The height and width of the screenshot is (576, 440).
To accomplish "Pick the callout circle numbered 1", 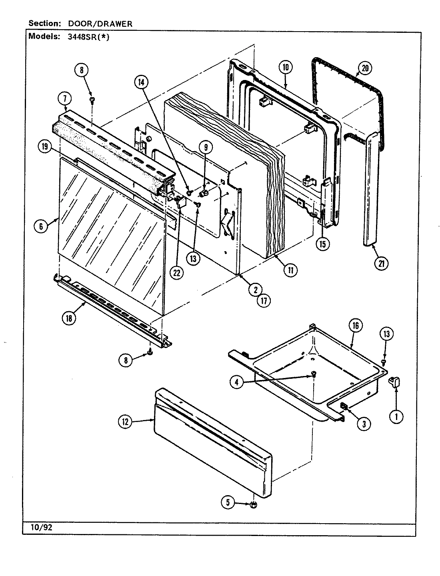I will click(396, 417).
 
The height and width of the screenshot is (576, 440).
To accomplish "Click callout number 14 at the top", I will click(141, 82).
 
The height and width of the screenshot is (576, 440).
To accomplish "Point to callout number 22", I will click(176, 273).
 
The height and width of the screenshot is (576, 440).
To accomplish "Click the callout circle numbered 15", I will click(323, 244).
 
